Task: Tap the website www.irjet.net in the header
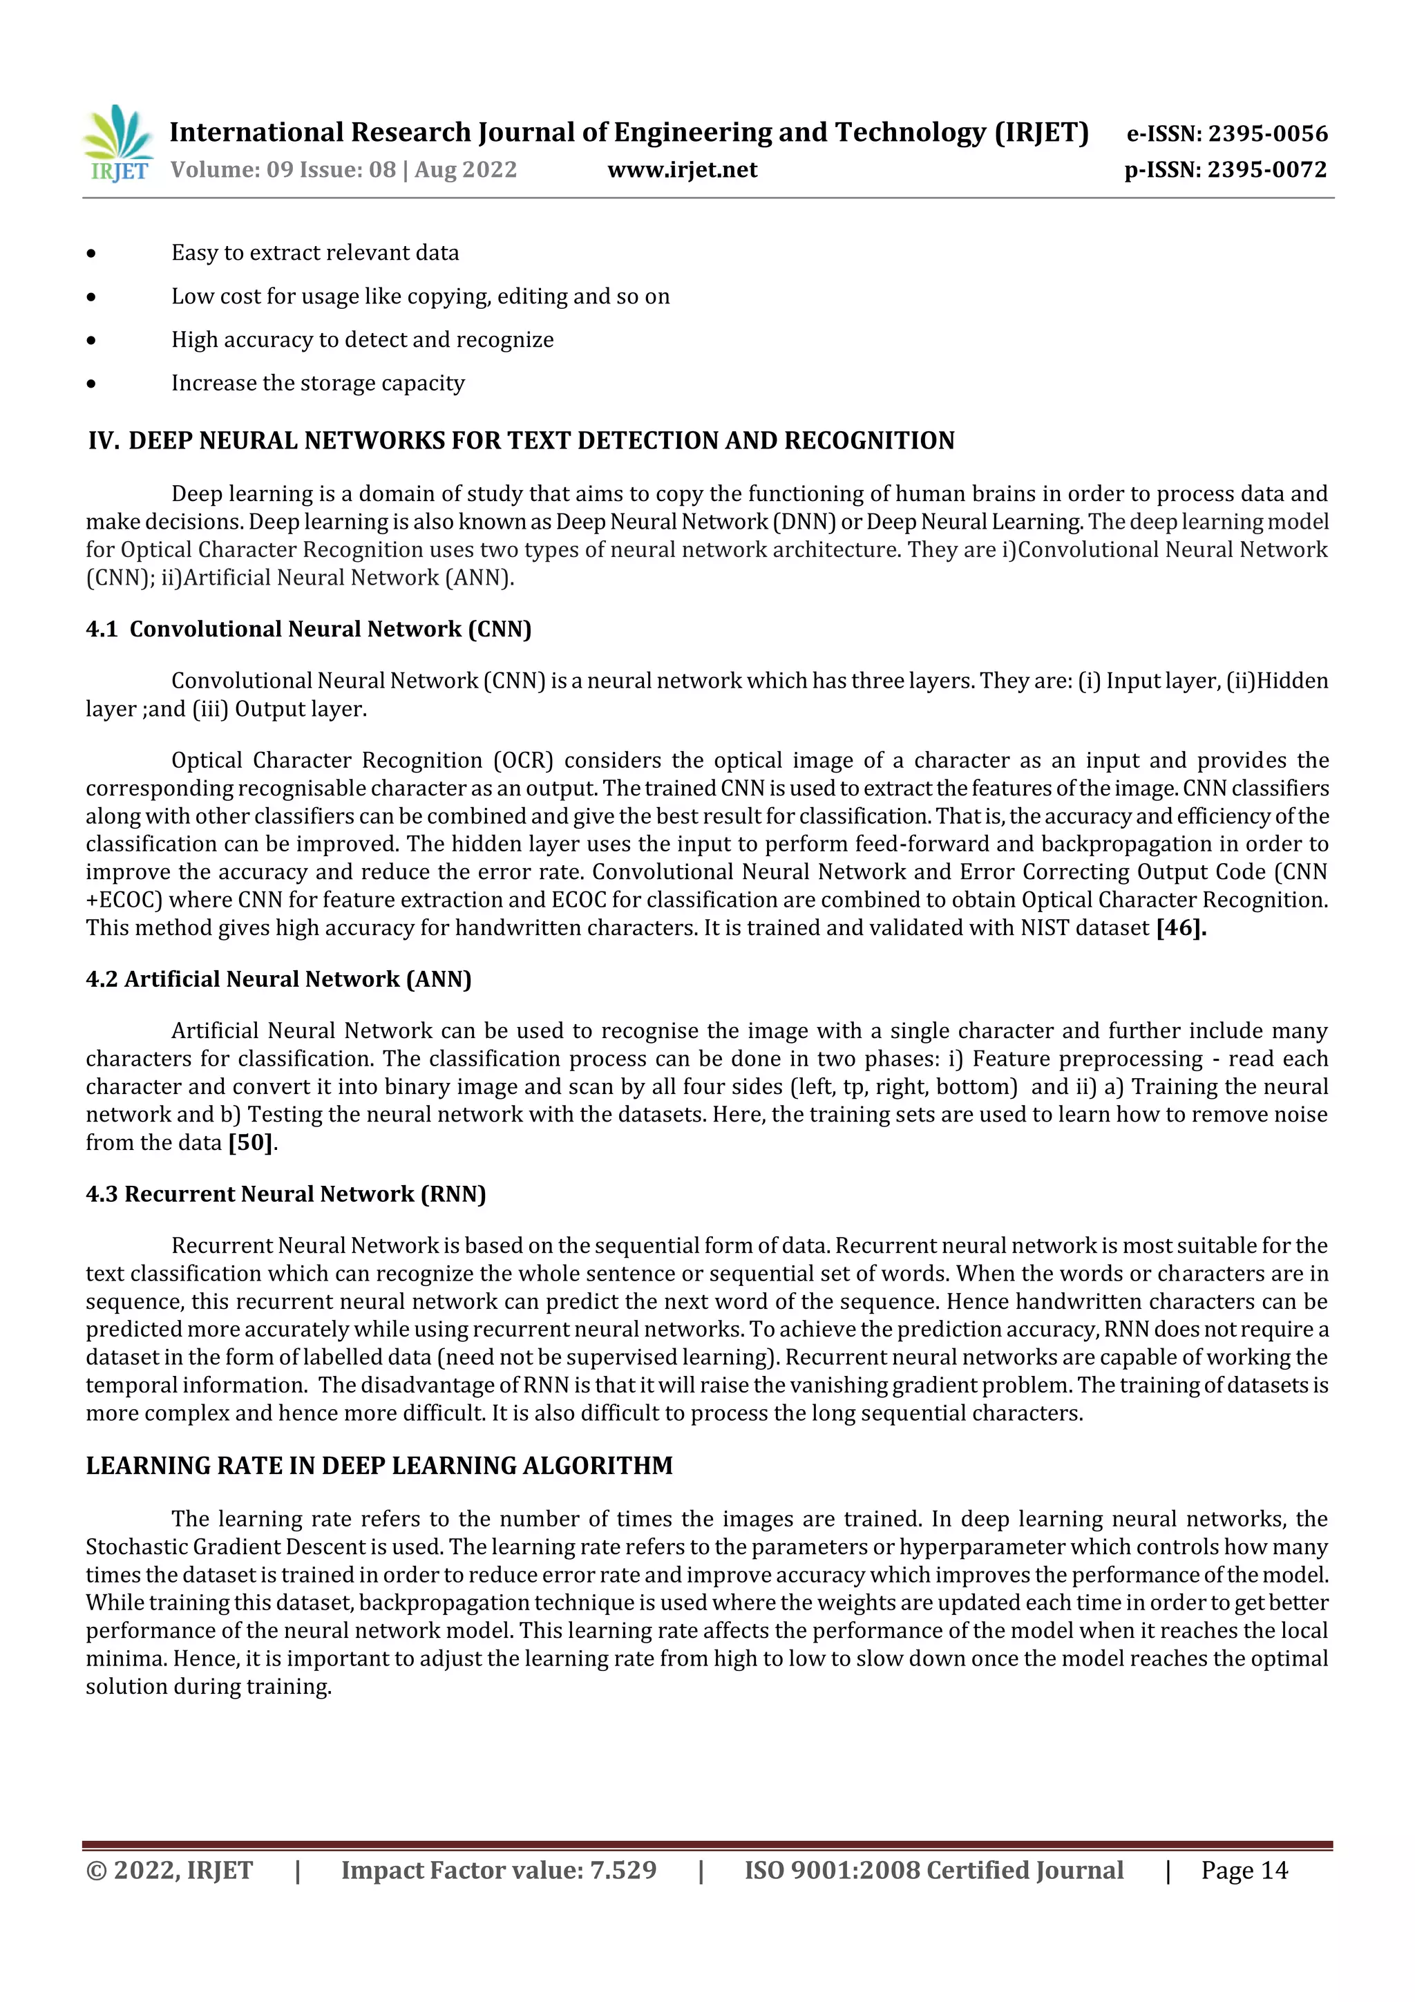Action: tap(682, 169)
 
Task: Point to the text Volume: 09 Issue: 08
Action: tap(283, 169)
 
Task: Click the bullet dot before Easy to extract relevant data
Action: tap(91, 254)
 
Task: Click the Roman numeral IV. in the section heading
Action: tap(104, 440)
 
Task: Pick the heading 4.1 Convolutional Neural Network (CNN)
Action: tap(309, 629)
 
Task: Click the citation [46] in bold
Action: tap(1181, 928)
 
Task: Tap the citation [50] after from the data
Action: tap(250, 1142)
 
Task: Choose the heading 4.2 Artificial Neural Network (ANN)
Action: tap(278, 979)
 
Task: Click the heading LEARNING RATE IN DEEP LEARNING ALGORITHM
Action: tap(379, 1466)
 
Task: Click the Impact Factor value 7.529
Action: tap(623, 1869)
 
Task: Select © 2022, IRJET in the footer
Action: tap(169, 1869)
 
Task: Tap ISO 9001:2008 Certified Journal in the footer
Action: tap(933, 1869)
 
